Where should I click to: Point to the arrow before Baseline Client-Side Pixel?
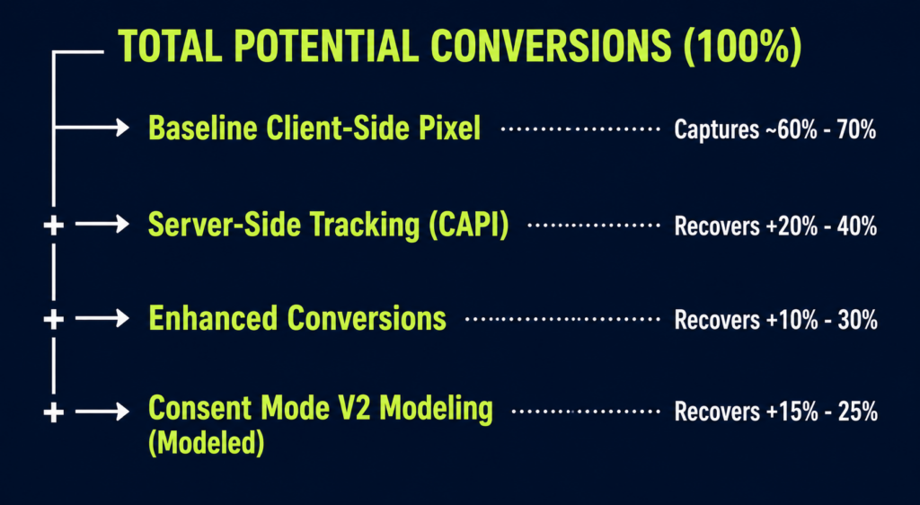click(92, 128)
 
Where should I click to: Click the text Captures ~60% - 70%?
click(775, 129)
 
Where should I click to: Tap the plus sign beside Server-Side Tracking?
click(53, 225)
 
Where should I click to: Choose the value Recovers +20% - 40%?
click(775, 226)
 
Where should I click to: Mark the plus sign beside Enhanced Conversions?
click(53, 319)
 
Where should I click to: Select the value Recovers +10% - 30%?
click(775, 320)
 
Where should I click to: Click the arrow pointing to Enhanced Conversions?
click(102, 318)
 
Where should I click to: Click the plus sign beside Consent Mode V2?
click(53, 412)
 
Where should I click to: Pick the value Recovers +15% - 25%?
click(775, 412)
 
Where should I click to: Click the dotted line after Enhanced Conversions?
click(562, 319)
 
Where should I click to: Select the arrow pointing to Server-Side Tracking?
click(102, 224)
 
